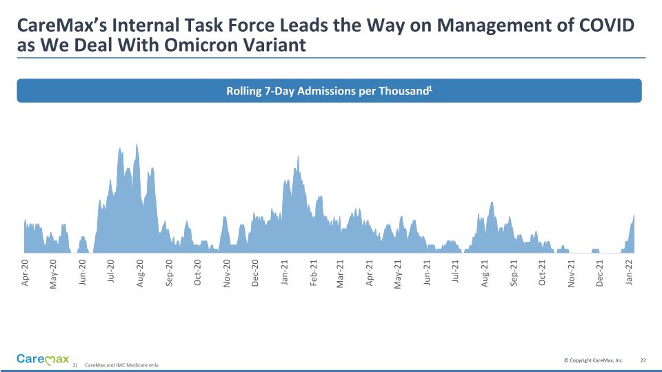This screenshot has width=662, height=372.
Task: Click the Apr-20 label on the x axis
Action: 26,273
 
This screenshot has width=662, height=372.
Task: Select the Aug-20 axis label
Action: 141,273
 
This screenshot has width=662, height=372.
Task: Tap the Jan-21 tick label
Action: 284,273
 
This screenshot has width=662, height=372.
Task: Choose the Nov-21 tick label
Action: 572,273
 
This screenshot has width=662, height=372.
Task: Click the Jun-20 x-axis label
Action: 83,273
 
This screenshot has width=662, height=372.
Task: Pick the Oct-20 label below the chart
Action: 198,273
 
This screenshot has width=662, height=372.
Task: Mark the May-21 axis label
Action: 398,273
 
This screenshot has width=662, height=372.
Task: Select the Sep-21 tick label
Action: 514,273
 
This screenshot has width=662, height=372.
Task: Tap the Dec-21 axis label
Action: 600,273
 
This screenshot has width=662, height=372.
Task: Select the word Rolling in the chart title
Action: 244,91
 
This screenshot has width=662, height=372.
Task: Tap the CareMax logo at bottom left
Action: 43,359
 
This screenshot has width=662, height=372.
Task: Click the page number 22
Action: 643,360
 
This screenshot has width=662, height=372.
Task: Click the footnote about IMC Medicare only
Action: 121,365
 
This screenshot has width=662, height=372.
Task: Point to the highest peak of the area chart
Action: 137,144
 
